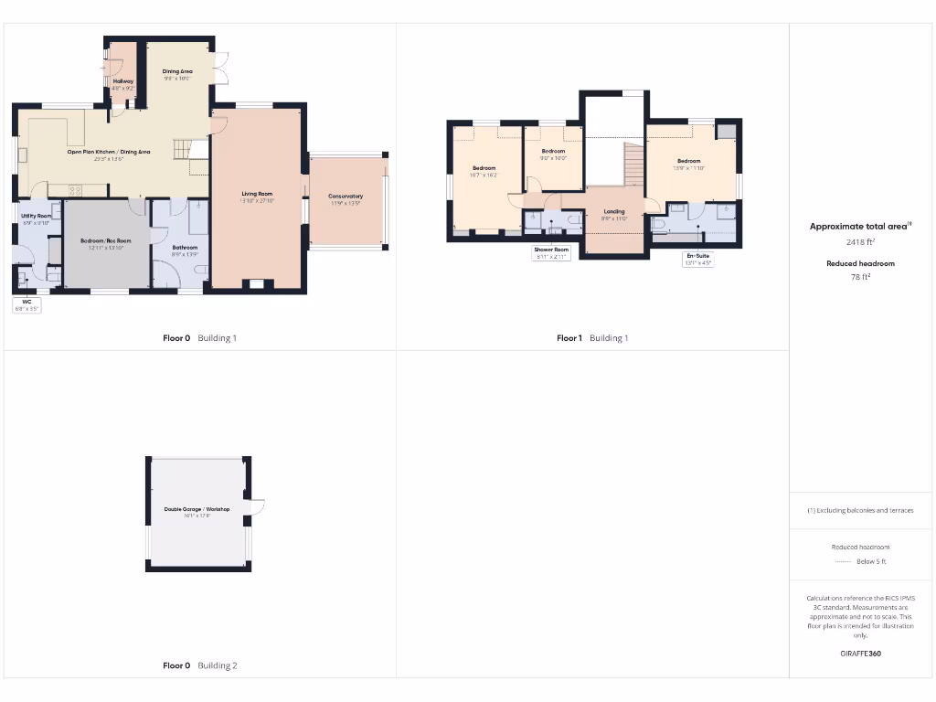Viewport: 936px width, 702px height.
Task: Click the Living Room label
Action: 257,194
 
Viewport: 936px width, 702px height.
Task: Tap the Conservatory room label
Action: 346,197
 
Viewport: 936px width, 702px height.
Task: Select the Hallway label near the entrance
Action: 122,81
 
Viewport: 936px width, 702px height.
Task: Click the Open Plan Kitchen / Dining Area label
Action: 109,152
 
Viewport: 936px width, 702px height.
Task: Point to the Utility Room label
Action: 37,216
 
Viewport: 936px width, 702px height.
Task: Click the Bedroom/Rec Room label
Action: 106,240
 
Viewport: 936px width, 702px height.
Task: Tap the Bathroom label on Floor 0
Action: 184,248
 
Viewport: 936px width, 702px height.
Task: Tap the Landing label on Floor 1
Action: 613,212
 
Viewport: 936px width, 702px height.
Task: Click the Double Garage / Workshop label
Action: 197,509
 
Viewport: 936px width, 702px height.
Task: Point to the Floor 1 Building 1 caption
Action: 592,338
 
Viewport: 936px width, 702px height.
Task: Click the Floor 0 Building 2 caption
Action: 199,666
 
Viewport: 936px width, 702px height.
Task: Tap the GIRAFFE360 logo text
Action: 860,654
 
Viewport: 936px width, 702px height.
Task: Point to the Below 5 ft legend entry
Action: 870,561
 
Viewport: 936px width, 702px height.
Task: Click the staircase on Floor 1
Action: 633,164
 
